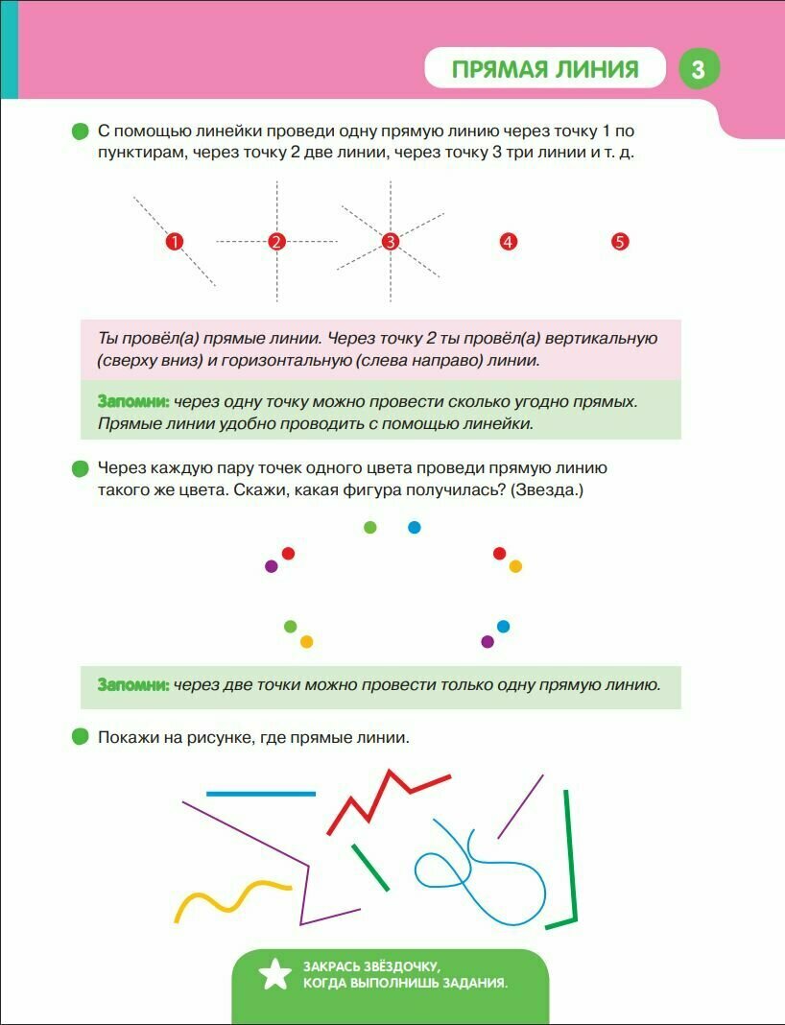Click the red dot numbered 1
coord(174,242)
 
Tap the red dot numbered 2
coord(277,242)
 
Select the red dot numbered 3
coord(390,242)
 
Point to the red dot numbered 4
coord(509,242)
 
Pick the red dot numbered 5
coord(620,242)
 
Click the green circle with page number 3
coord(698,69)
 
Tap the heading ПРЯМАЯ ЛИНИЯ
coord(545,69)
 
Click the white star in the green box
coord(274,974)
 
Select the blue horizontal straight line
coord(261,794)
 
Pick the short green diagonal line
coord(370,867)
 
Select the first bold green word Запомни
coord(133,400)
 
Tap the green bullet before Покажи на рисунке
coord(81,737)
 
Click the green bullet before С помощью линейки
coord(81,131)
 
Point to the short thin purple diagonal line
coord(520,806)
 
